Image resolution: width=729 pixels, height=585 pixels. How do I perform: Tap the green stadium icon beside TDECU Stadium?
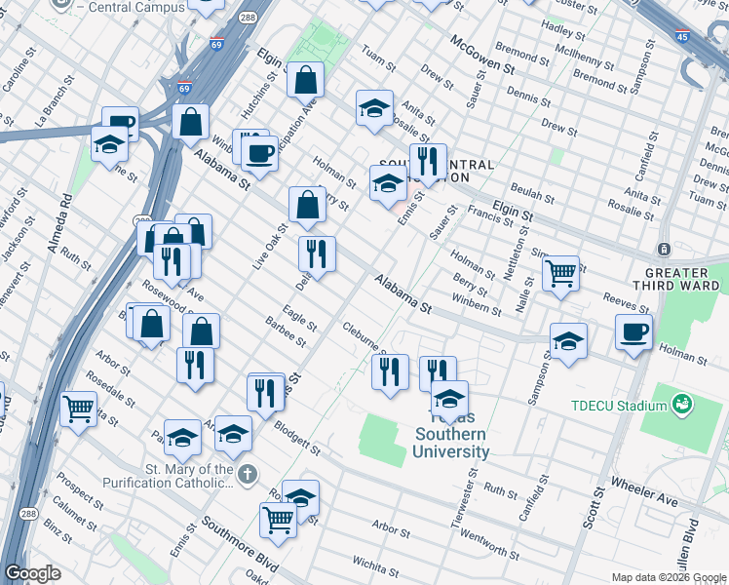pyautogui.click(x=681, y=402)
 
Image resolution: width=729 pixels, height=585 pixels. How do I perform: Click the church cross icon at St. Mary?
pyautogui.click(x=248, y=473)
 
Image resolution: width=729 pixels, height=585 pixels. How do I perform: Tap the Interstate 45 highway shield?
pyautogui.click(x=681, y=35)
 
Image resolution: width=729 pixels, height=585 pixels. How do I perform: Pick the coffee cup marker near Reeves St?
pyautogui.click(x=633, y=332)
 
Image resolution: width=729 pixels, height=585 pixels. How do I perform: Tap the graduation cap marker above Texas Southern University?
pyautogui.click(x=448, y=399)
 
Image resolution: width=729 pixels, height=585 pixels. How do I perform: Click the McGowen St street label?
pyautogui.click(x=481, y=54)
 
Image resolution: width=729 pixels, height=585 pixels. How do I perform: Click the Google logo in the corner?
pyautogui.click(x=32, y=573)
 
